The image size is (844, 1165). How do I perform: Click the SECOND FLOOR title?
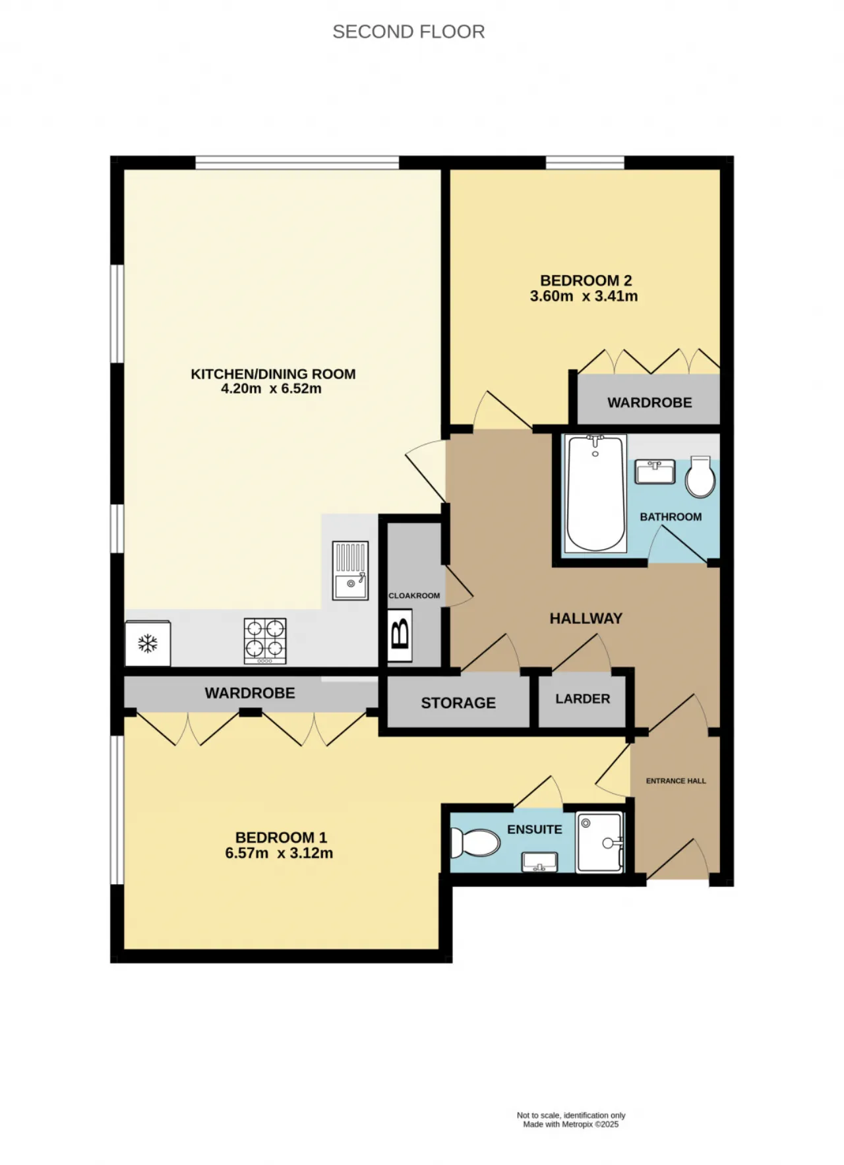(x=409, y=32)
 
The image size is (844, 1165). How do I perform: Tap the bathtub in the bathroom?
(x=596, y=493)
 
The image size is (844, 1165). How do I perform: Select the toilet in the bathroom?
(x=700, y=477)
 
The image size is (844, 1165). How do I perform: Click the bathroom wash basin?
(x=655, y=471)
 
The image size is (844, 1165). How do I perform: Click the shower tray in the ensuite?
(x=599, y=843)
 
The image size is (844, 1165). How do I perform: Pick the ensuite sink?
(x=539, y=862)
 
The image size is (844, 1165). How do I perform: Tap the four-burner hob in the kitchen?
(x=265, y=641)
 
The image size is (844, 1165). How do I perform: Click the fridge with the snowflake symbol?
(x=148, y=643)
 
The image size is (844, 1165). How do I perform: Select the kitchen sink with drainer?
(x=350, y=570)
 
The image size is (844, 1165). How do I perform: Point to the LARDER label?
(x=582, y=699)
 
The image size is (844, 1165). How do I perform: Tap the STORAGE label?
(x=458, y=703)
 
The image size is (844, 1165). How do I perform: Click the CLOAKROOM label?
(x=414, y=595)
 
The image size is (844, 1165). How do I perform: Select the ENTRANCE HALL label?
(x=676, y=781)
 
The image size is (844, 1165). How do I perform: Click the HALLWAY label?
(x=586, y=618)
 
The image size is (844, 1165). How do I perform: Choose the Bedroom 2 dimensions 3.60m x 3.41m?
(x=584, y=297)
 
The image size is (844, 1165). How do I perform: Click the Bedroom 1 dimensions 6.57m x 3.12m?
(x=279, y=853)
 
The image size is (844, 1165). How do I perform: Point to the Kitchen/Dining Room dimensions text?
(x=271, y=389)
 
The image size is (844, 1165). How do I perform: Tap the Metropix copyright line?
(x=571, y=1124)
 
